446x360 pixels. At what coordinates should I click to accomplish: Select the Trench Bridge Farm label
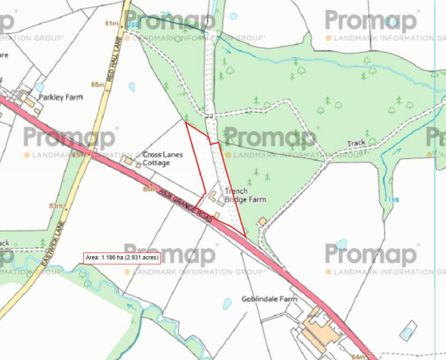[246, 195]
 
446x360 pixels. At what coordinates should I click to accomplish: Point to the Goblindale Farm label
[269, 299]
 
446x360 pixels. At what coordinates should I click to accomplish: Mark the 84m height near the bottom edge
[356, 356]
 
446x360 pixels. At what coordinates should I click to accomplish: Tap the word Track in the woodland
[356, 143]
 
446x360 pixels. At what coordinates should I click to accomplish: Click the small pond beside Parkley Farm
[39, 86]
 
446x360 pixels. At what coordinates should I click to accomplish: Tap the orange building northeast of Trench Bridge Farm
[262, 221]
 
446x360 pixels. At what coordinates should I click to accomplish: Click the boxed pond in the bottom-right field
[405, 333]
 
